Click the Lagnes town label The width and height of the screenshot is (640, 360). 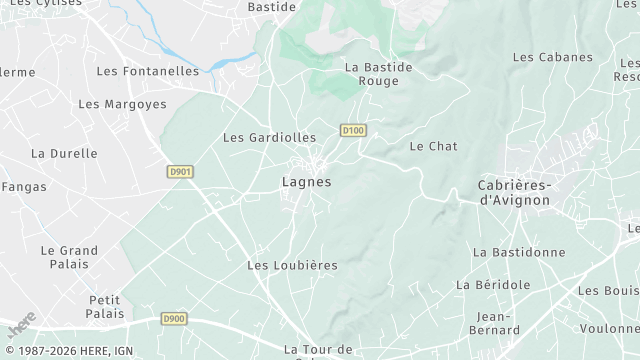pos(306,182)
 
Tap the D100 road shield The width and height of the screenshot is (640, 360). pos(352,130)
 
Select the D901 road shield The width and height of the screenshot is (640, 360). pos(180,172)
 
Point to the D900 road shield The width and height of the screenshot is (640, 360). pos(174,319)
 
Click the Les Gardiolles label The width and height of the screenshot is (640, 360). pos(269,137)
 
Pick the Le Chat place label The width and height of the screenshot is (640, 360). pos(433,146)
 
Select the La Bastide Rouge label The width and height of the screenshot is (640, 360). pos(378,74)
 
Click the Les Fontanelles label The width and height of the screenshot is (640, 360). pos(148,71)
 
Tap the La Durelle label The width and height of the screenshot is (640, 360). pos(64,153)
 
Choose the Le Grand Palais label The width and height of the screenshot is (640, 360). pos(69,257)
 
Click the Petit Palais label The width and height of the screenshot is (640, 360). pos(105,306)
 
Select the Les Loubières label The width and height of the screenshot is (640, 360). pos(292,265)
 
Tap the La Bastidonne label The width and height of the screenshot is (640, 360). pos(519,252)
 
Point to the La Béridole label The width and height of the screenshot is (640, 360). pos(493,284)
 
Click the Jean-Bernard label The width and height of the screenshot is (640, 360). pos(491,323)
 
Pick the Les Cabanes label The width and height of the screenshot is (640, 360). pos(553,57)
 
